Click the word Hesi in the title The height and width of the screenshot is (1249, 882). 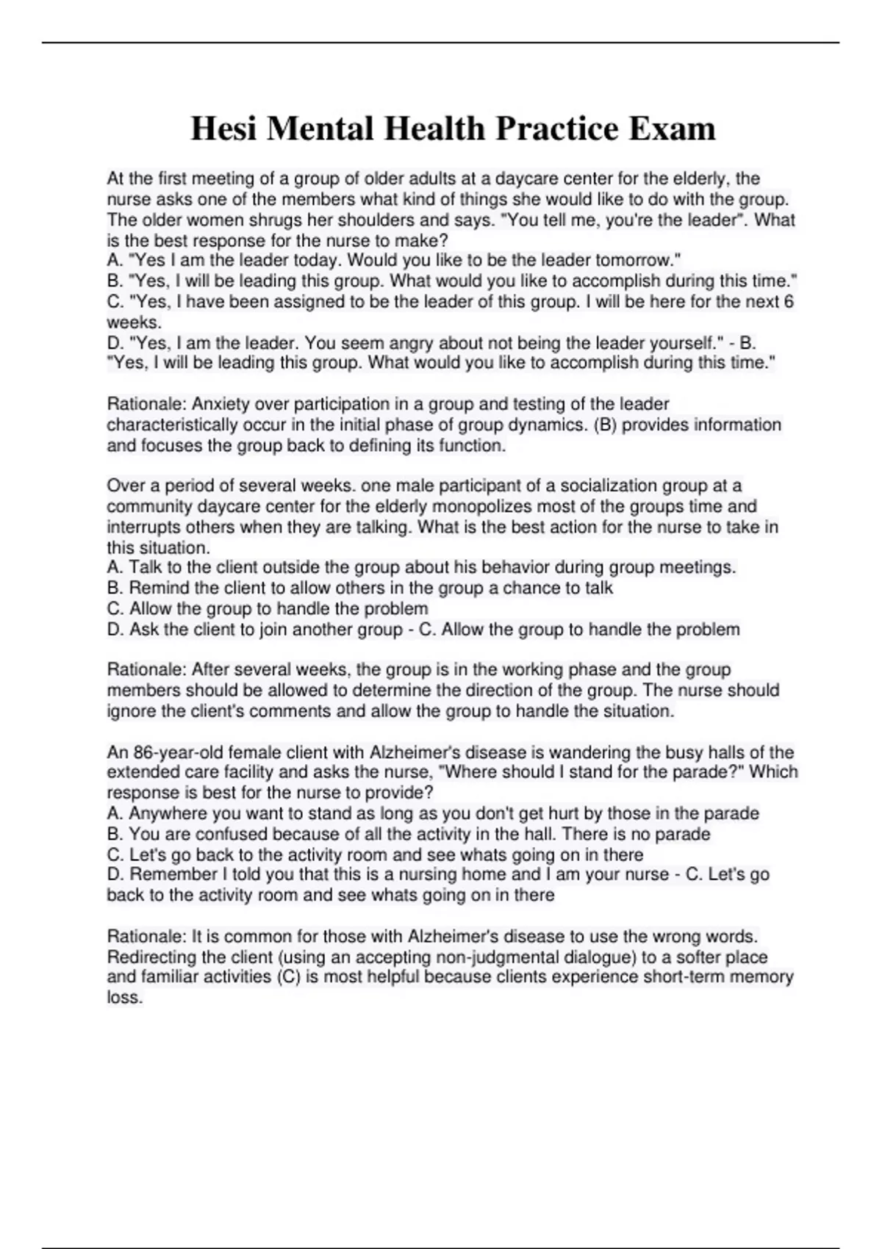pos(223,129)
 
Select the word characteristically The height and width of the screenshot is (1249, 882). pos(181,425)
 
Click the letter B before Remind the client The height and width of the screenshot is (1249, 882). pos(114,588)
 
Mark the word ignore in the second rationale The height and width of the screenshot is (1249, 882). pos(131,711)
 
